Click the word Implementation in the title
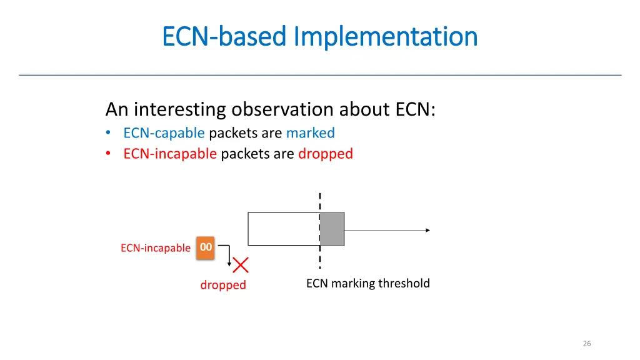(x=386, y=36)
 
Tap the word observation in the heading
(x=283, y=109)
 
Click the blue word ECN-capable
(x=164, y=133)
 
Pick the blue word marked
(x=311, y=133)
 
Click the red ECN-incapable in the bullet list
(x=170, y=154)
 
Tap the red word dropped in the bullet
(x=326, y=154)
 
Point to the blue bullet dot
(x=109, y=133)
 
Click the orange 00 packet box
(x=206, y=247)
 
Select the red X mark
(x=241, y=265)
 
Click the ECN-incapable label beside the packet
(x=156, y=248)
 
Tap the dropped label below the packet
(x=223, y=285)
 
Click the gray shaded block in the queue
(x=332, y=229)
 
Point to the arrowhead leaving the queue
(x=427, y=230)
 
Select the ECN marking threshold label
(x=368, y=284)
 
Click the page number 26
(x=586, y=343)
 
